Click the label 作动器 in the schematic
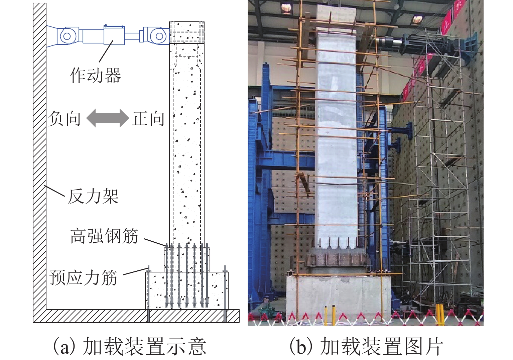[95, 75]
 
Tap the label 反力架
[93, 196]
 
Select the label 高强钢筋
[104, 236]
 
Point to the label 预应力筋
[83, 278]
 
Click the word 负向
[65, 119]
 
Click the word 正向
[148, 119]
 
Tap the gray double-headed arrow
[107, 118]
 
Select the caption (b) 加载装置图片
[366, 346]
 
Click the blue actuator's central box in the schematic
[114, 35]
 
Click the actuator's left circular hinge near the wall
[67, 36]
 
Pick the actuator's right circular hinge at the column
[157, 35]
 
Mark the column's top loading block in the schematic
[187, 32]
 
